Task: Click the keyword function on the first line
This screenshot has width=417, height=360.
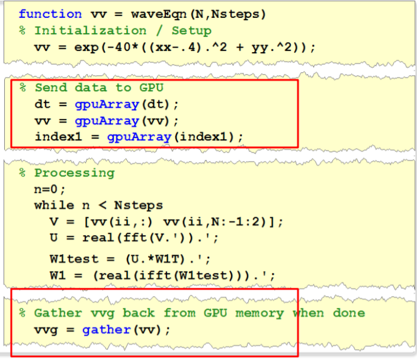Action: click(50, 14)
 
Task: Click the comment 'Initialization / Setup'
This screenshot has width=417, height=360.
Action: click(123, 30)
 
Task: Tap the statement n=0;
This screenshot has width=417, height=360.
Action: click(50, 189)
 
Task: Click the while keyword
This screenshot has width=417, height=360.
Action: click(54, 206)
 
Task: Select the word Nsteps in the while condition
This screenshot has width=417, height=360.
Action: click(139, 206)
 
